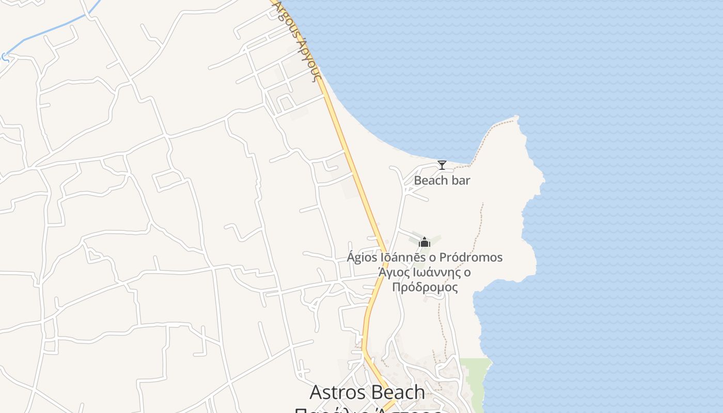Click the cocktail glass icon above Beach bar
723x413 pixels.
pyautogui.click(x=442, y=165)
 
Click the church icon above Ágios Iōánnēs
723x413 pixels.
pyautogui.click(x=425, y=242)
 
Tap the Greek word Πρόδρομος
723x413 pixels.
pyautogui.click(x=425, y=287)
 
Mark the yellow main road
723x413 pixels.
pyautogui.click(x=356, y=170)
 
